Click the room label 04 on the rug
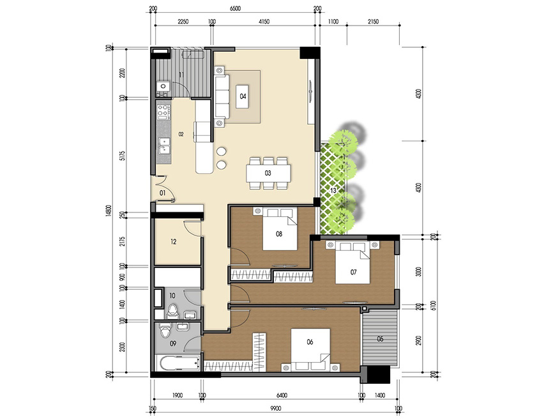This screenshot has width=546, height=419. click(x=243, y=97)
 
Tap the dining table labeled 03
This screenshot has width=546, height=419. click(x=269, y=173)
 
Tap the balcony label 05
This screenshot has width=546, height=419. click(x=380, y=339)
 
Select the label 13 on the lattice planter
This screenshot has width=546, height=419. click(x=333, y=190)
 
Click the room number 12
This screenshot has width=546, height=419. click(x=173, y=242)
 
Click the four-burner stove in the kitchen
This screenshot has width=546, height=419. click(x=163, y=111)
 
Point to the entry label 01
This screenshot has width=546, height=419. click(x=162, y=193)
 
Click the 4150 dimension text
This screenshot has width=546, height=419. click(x=264, y=22)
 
